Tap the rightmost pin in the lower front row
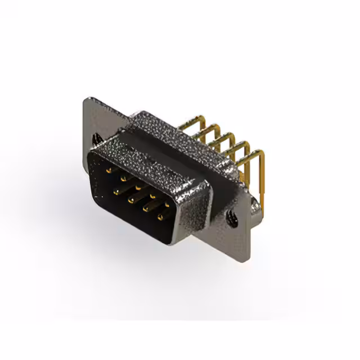160,217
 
